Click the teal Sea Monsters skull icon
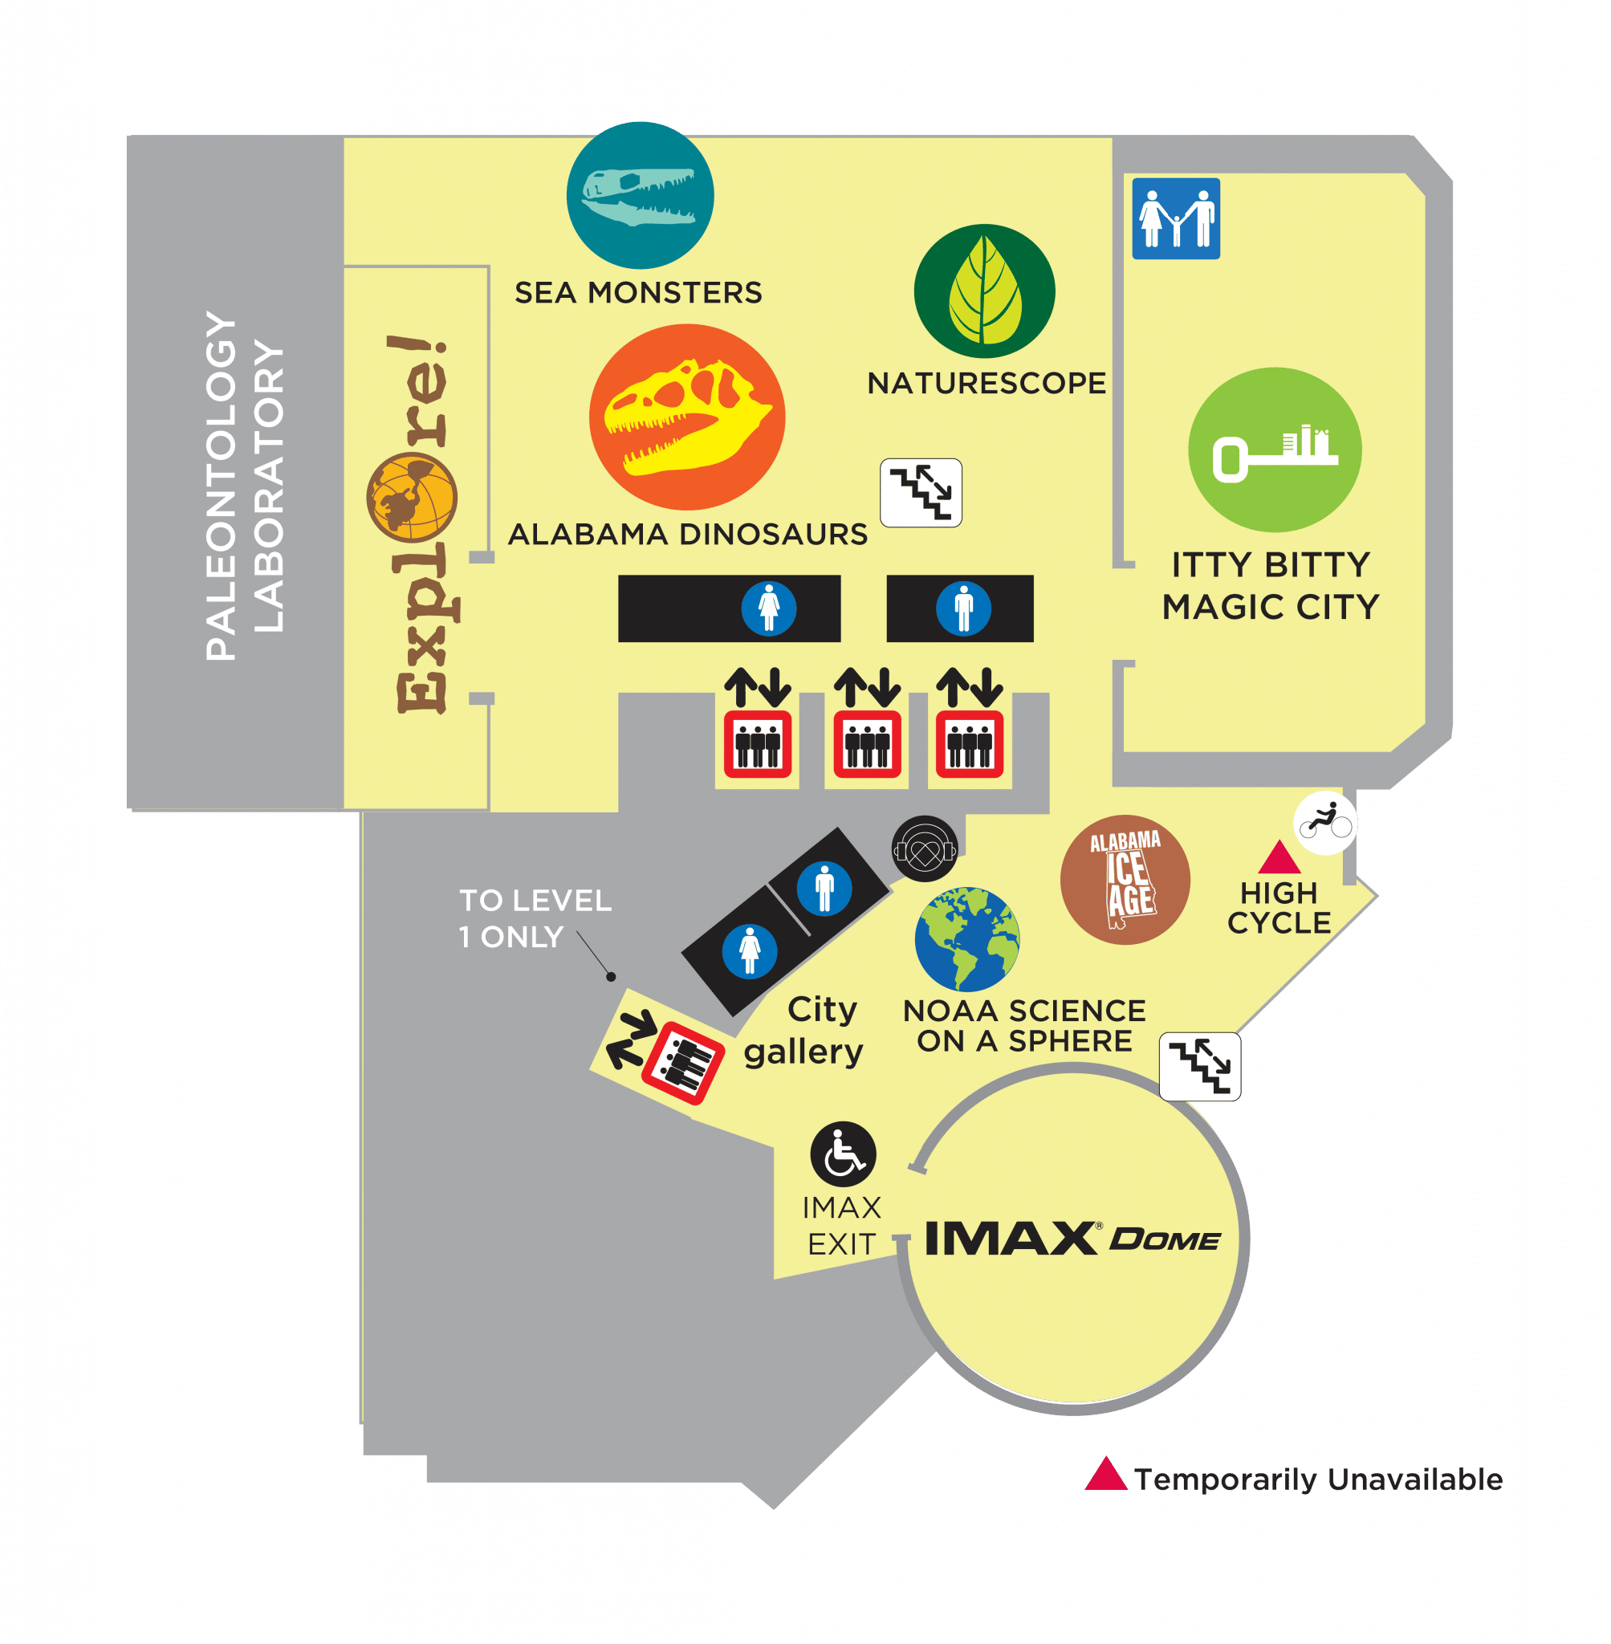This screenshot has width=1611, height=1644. [640, 195]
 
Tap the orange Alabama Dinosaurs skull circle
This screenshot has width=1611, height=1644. [687, 417]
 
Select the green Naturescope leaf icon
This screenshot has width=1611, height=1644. [984, 291]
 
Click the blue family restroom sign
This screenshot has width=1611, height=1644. [1176, 218]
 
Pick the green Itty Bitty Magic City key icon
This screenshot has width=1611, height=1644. [1274, 450]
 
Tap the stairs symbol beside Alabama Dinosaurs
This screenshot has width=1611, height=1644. [921, 492]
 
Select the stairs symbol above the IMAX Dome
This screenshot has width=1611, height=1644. [1199, 1066]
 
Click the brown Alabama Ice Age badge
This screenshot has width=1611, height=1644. [1125, 880]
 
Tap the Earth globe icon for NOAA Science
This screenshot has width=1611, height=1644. [967, 939]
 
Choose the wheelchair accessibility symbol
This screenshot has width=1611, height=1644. [843, 1154]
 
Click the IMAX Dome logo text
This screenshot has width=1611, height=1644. [1072, 1239]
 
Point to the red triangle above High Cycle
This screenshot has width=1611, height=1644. [1279, 858]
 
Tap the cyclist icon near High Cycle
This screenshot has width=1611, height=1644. [1325, 823]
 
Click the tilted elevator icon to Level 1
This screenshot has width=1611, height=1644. [682, 1062]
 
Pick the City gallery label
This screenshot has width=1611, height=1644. [803, 1031]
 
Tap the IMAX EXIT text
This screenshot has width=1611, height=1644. [842, 1226]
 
